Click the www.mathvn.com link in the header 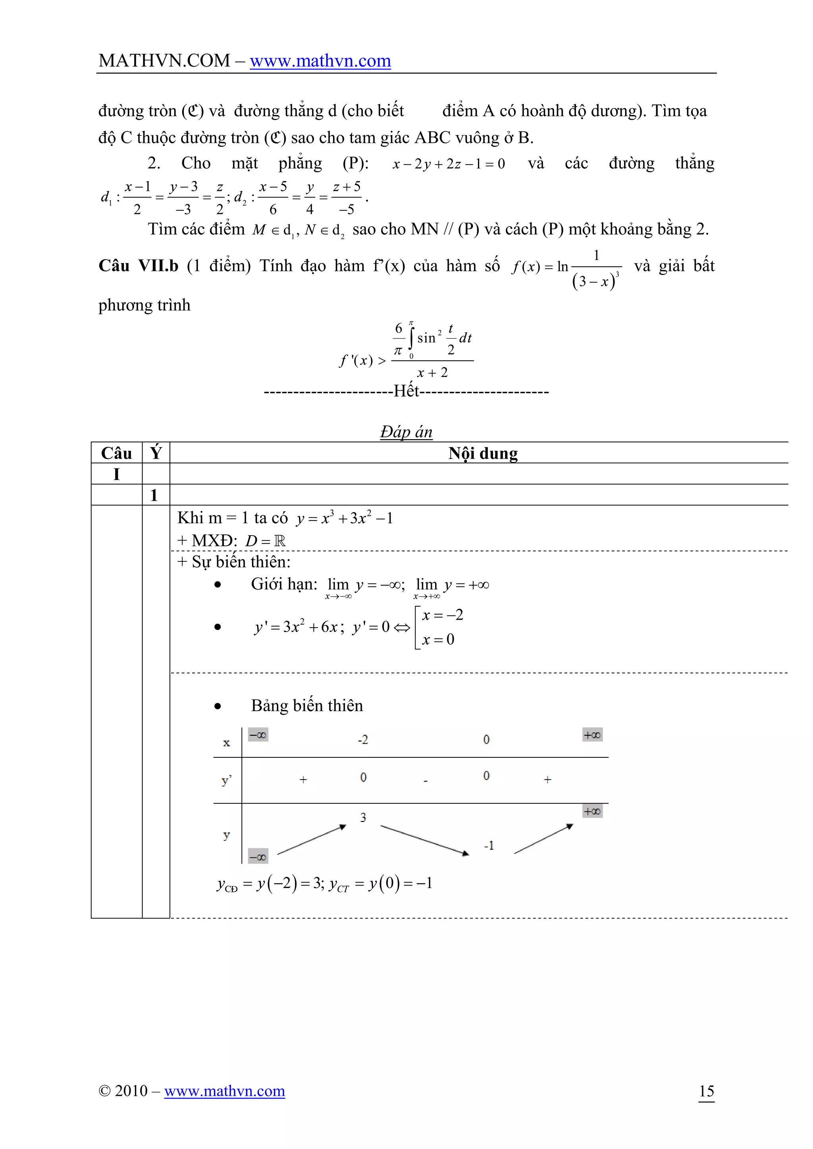pos(320,61)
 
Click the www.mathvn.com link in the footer pos(224,1090)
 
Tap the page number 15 pos(706,1090)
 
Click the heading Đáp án pos(406,431)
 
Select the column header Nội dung pos(483,453)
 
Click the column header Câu pos(116,453)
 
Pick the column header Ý pos(156,452)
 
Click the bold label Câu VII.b pos(138,266)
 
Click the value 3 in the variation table pos(363,818)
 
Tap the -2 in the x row pos(362,740)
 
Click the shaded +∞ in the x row pos(592,735)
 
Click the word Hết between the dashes pos(406,391)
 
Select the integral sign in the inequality pos(410,338)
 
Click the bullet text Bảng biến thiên pos(306,705)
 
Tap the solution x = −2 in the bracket pos(443,615)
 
